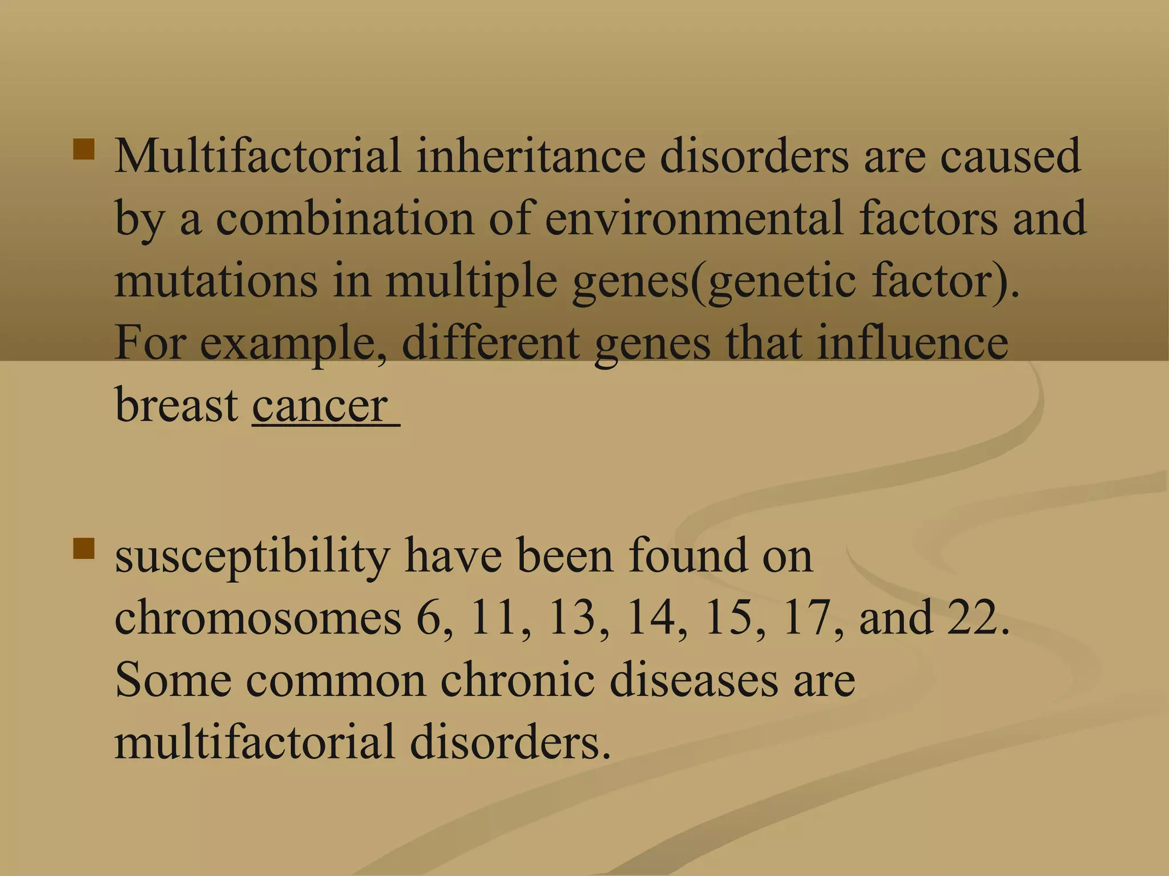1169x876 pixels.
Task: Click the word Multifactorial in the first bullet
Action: tap(257, 156)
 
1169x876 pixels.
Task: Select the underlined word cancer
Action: tap(320, 405)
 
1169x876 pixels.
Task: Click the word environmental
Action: tap(694, 218)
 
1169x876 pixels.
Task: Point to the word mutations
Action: tap(216, 281)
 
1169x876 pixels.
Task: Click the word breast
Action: tap(176, 405)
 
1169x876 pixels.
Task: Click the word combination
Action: tap(345, 218)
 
